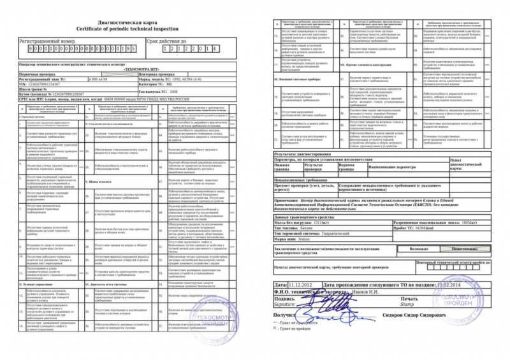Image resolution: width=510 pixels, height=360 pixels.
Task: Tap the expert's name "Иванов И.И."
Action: pyautogui.click(x=370, y=291)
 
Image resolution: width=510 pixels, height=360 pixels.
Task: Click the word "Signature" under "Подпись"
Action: pyautogui.click(x=284, y=305)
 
